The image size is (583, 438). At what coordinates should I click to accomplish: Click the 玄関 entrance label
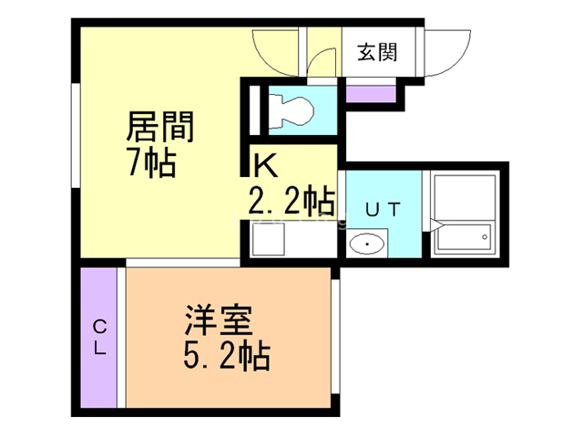375,52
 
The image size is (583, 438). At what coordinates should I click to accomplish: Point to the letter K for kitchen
265,165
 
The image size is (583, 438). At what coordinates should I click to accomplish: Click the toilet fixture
291,110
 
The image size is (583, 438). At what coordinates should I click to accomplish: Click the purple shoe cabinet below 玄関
371,91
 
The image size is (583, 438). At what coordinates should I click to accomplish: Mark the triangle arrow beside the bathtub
434,224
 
